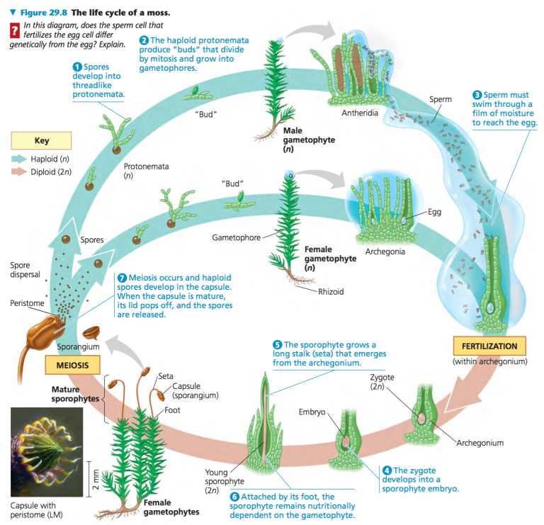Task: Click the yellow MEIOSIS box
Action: [72, 365]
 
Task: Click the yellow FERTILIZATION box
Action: [489, 346]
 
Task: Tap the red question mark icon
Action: [14, 30]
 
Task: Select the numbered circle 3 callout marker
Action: [477, 95]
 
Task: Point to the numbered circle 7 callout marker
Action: [121, 278]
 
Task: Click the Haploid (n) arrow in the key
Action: [18, 159]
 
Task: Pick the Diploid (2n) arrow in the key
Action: [18, 171]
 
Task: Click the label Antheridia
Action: [360, 113]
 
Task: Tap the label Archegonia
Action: [385, 252]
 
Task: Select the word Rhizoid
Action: [331, 291]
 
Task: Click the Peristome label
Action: [27, 303]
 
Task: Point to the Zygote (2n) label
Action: [382, 382]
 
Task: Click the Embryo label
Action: [312, 412]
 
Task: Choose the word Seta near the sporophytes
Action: [166, 376]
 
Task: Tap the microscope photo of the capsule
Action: [47, 452]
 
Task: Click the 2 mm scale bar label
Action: [95, 479]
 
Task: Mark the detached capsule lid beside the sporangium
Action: [91, 332]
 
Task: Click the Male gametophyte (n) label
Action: [309, 140]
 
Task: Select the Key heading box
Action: [41, 140]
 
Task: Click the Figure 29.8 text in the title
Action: [43, 13]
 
